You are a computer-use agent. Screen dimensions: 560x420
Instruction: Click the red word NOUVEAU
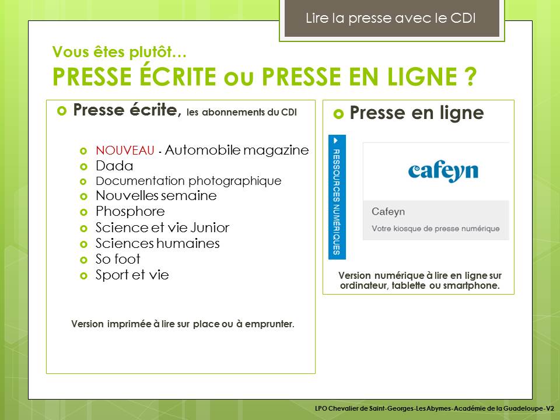click(125, 150)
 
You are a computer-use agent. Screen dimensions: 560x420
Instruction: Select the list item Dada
click(114, 166)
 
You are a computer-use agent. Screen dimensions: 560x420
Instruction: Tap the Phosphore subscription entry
click(130, 211)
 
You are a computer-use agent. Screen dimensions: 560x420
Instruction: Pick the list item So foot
click(118, 259)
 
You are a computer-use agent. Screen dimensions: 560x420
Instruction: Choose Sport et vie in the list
click(132, 275)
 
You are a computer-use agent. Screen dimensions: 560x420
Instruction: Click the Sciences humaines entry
click(157, 243)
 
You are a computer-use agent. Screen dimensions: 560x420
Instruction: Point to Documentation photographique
click(188, 181)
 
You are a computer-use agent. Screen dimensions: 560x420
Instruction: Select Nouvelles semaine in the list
click(156, 196)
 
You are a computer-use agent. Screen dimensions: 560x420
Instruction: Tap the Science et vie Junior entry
click(163, 228)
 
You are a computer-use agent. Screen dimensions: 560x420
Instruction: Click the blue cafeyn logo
click(443, 171)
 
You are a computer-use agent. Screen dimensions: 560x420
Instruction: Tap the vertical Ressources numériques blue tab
click(337, 197)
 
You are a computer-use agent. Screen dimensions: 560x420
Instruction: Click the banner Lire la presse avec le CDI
click(391, 19)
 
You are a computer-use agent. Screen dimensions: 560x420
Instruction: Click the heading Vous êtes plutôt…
click(119, 52)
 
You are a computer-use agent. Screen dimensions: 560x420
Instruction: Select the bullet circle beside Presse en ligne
click(338, 114)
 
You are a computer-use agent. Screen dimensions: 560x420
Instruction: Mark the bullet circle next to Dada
click(83, 166)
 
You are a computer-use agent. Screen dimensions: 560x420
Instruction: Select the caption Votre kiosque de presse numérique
click(436, 229)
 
